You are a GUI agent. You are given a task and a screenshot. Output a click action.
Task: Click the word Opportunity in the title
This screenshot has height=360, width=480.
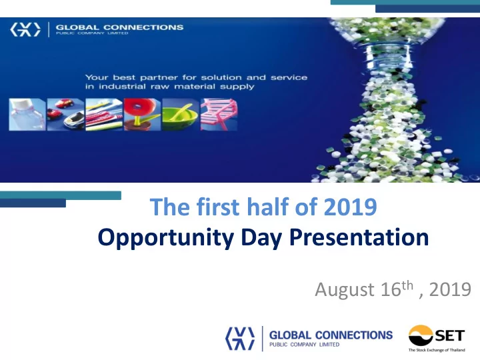pyautogui.click(x=166, y=238)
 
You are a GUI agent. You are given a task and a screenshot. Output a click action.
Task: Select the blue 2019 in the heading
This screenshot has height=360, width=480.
pyautogui.click(x=350, y=207)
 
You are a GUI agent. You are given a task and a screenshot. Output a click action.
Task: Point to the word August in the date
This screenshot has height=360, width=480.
pyautogui.click(x=345, y=289)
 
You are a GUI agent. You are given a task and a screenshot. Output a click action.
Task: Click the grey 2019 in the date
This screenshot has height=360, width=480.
pyautogui.click(x=450, y=289)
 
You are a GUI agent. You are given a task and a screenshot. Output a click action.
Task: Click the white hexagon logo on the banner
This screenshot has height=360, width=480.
pyautogui.click(x=25, y=29)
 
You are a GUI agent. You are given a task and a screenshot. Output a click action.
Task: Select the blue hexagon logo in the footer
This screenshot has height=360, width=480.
pyautogui.click(x=240, y=339)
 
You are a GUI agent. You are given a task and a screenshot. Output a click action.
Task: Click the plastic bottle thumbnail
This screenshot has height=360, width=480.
pyautogui.click(x=27, y=115)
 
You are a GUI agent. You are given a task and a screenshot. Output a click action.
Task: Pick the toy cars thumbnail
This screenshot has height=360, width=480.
pyautogui.click(x=65, y=115)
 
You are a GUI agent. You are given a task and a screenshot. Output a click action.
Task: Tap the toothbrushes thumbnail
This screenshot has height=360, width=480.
pyautogui.click(x=104, y=115)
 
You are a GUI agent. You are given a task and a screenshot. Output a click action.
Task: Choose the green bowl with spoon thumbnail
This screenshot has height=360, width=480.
pyautogui.click(x=180, y=115)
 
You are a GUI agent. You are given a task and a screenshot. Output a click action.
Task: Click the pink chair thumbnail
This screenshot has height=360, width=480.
pyautogui.click(x=219, y=115)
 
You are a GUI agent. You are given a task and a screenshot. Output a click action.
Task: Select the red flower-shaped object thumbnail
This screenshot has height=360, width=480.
pyautogui.click(x=142, y=115)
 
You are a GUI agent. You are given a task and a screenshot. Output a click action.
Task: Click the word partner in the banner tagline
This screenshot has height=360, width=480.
pyautogui.click(x=159, y=77)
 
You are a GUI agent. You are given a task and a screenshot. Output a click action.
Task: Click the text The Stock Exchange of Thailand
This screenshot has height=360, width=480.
pyautogui.click(x=437, y=350)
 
